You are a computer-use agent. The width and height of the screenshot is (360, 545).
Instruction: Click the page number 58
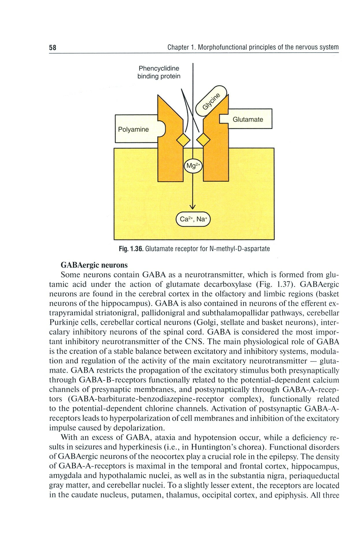click(53, 48)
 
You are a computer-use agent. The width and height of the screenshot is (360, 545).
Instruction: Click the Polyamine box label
click(133, 129)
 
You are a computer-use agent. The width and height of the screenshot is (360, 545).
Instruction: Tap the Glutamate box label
click(248, 119)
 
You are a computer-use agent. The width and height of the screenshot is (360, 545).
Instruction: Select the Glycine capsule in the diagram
click(211, 101)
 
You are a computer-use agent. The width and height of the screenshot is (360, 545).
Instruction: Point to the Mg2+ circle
click(193, 166)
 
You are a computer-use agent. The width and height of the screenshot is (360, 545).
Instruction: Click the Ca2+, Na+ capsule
click(193, 219)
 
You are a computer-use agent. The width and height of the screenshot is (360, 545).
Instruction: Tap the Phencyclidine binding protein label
click(159, 72)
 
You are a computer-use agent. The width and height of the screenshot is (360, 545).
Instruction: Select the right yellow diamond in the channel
click(203, 141)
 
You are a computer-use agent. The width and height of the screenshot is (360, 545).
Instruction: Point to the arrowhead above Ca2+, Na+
click(192, 206)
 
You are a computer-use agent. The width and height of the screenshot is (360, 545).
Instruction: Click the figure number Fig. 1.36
click(131, 249)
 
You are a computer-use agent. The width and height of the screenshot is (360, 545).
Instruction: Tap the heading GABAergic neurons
click(94, 265)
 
